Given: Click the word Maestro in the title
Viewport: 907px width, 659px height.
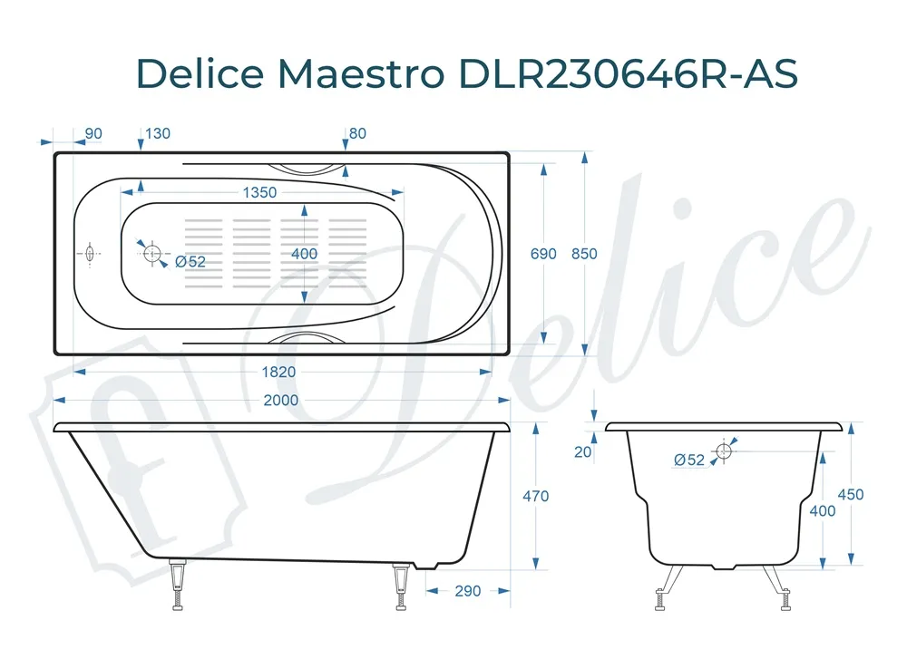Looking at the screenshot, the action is (x=361, y=73).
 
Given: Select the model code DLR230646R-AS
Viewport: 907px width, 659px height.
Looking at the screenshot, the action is (x=628, y=73).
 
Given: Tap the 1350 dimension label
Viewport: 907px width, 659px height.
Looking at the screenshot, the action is (x=259, y=192).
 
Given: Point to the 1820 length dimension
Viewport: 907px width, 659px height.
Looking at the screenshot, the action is (x=278, y=372).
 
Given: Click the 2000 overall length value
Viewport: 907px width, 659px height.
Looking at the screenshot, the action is (x=281, y=400).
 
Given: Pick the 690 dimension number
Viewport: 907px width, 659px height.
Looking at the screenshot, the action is (x=543, y=254).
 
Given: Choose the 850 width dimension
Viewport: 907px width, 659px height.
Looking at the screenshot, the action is (x=584, y=254).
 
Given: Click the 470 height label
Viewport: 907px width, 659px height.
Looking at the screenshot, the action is (x=536, y=496).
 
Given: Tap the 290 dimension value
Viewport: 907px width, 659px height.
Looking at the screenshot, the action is (x=468, y=591).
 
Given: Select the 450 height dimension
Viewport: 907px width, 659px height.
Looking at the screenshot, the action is (x=851, y=494).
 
